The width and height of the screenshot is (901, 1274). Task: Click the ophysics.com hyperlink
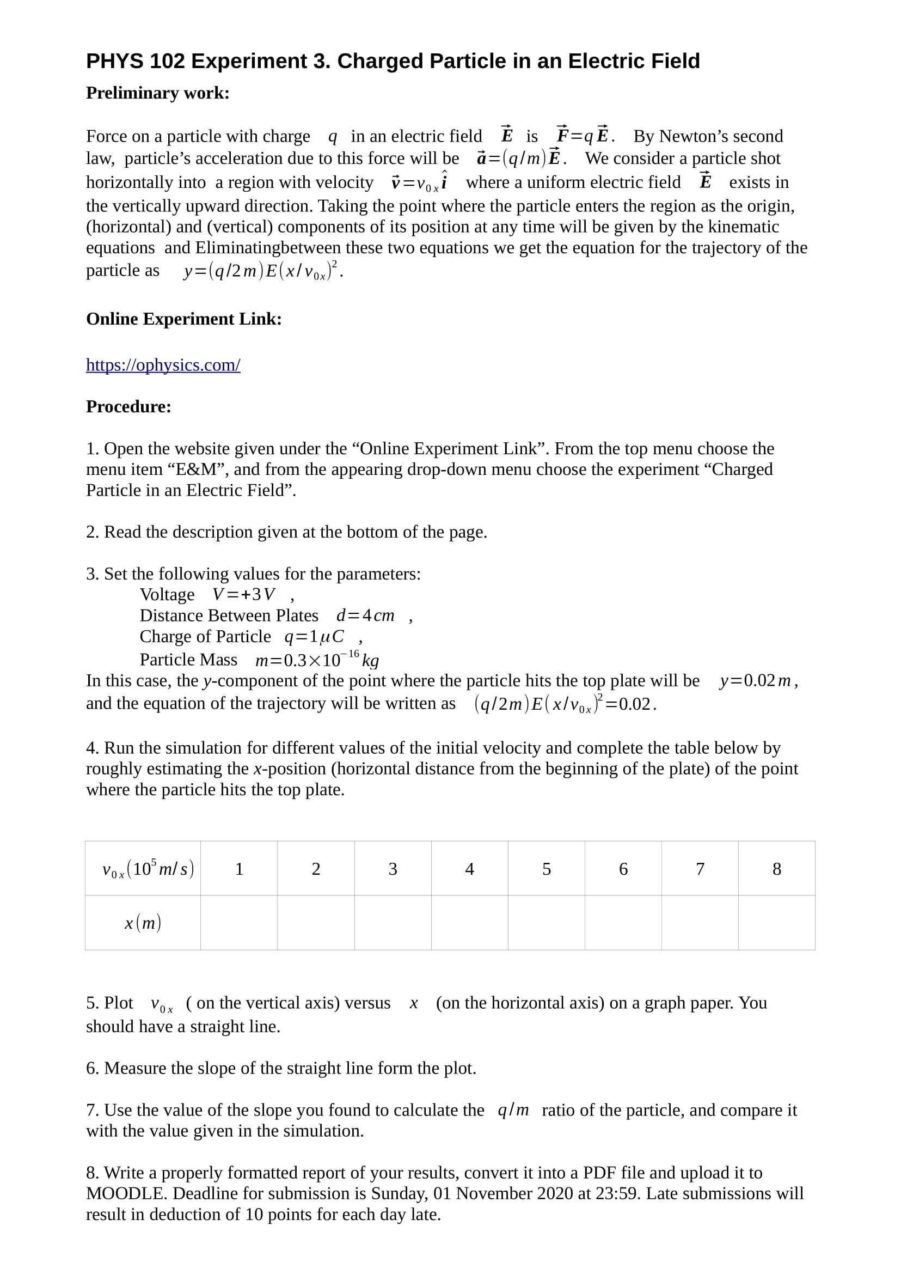(163, 365)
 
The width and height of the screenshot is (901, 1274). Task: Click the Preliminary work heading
(157, 93)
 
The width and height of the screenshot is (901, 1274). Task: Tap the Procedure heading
(128, 406)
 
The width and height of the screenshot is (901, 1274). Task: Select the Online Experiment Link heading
(183, 319)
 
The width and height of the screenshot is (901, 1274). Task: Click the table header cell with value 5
(547, 868)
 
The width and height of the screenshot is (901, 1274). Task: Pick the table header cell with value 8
(777, 868)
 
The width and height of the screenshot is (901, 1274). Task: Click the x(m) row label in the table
(143, 923)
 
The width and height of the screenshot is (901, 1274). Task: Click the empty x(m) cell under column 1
(239, 923)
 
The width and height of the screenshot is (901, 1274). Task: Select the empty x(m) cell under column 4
(469, 923)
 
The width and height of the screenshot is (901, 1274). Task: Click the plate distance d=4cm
(366, 615)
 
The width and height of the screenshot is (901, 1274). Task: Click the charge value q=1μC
(315, 636)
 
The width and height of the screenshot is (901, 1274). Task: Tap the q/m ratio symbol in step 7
(513, 1110)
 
